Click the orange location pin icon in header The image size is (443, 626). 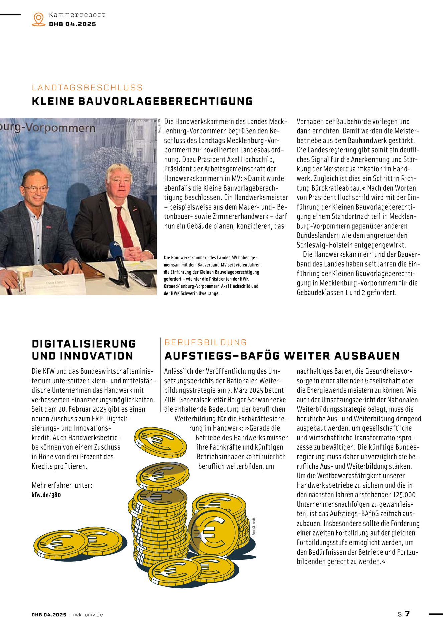(39, 19)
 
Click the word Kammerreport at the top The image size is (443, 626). (77, 15)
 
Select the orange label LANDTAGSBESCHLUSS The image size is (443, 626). (87, 88)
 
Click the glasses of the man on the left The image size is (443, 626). (35, 189)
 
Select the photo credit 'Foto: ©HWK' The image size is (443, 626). (160, 126)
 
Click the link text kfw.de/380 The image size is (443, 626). (46, 495)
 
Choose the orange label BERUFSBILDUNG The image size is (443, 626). (205, 342)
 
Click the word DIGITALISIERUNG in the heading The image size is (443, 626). (84, 344)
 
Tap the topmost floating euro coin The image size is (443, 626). (160, 442)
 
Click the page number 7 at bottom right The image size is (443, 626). (407, 614)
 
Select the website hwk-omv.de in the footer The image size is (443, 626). (87, 615)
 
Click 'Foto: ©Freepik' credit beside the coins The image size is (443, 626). (254, 527)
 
